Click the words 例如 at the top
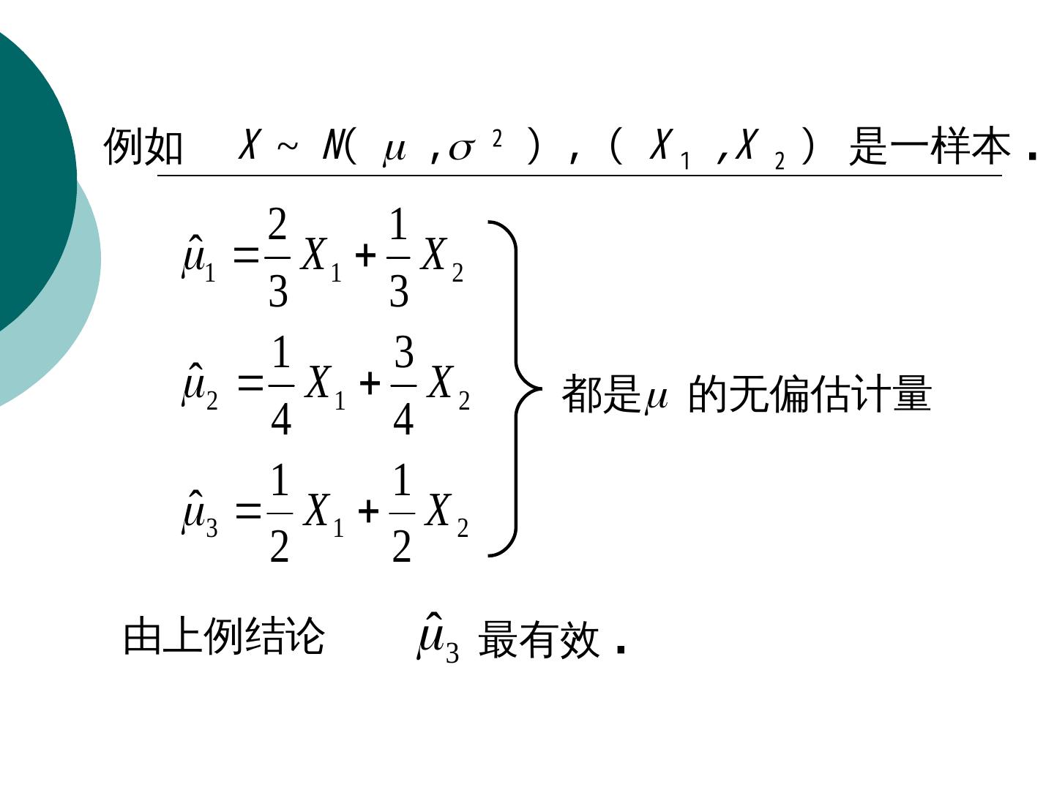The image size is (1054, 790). point(143,146)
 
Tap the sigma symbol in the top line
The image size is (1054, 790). point(461,148)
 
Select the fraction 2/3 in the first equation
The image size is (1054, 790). point(277,257)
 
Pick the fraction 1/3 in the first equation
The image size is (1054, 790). point(397,257)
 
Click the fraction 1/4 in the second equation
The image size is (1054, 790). point(281,385)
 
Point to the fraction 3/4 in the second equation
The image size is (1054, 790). point(403,385)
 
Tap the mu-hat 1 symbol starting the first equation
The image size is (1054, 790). point(198,258)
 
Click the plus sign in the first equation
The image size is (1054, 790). point(365,256)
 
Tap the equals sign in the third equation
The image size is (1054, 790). point(248,511)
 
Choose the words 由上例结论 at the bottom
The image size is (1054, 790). point(223,636)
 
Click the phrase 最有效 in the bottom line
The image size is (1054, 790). point(539,640)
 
